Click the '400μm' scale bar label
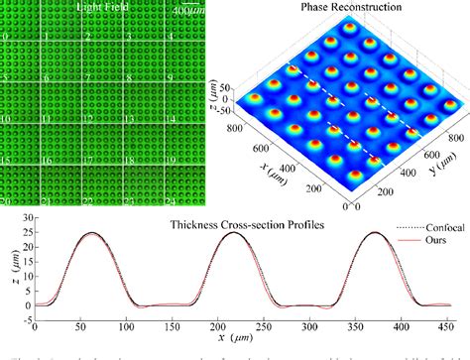(186, 10)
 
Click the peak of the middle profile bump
(216, 233)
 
